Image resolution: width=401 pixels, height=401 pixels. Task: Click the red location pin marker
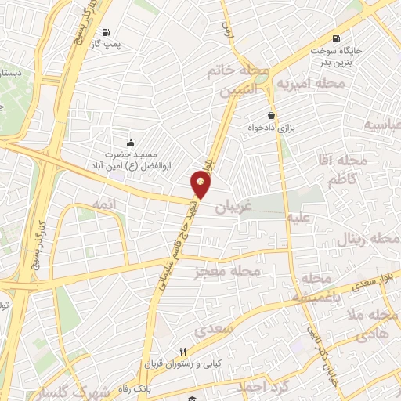201,183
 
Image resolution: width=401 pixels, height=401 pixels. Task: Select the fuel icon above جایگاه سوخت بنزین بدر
336,38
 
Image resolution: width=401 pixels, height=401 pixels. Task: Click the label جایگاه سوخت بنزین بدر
336,57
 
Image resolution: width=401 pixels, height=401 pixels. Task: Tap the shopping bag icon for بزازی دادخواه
271,114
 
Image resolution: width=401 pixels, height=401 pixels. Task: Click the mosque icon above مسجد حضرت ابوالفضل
131,142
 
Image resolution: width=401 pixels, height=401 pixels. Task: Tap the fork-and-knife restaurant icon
183,352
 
